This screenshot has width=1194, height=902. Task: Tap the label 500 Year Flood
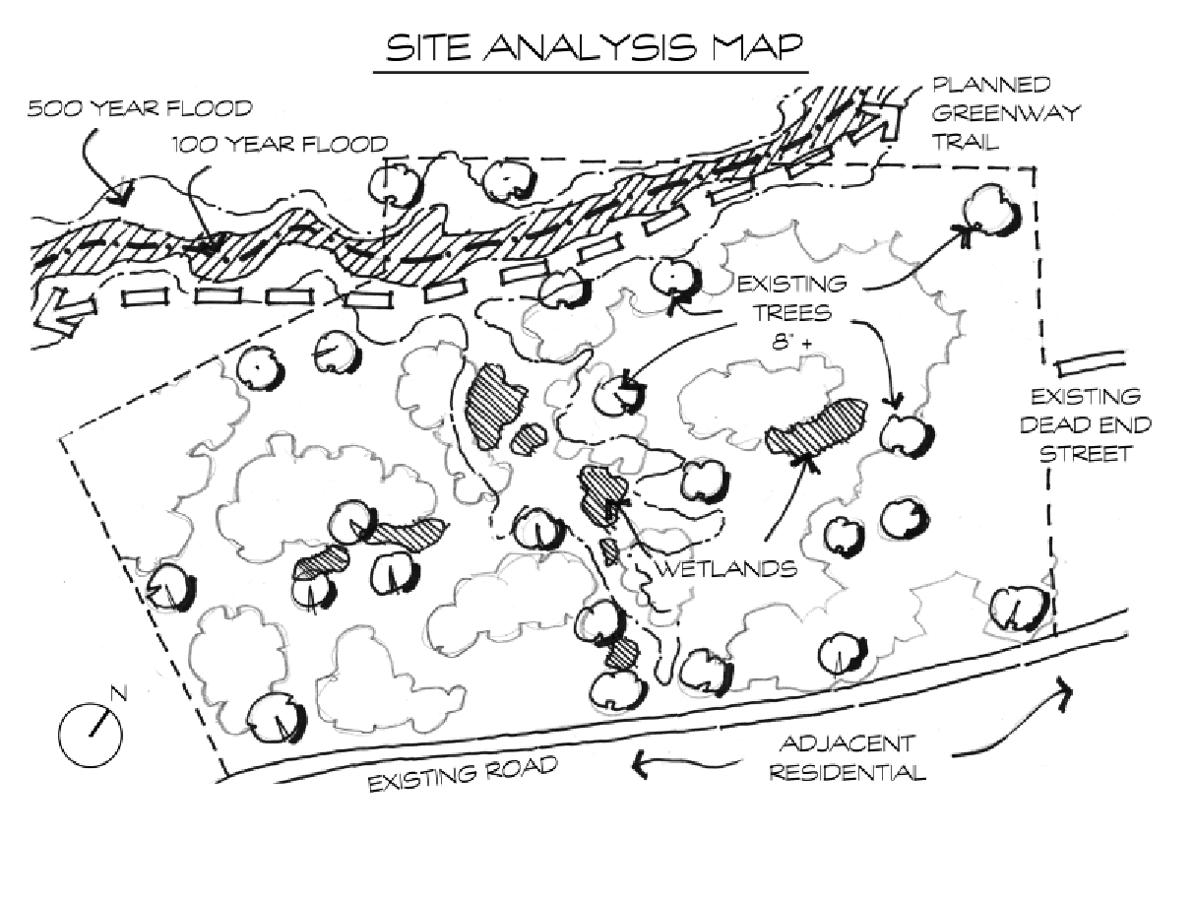(140, 108)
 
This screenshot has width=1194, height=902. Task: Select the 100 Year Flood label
(281, 144)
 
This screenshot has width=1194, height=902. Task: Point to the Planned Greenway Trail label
(1005, 113)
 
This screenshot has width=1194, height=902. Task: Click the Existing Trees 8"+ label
(791, 313)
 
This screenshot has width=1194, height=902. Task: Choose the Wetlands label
(726, 569)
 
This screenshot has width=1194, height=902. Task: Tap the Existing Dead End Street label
(1086, 424)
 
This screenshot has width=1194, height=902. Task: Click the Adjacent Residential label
(848, 758)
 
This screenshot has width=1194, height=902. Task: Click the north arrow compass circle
(91, 735)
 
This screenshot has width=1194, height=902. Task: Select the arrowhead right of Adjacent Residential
(1062, 695)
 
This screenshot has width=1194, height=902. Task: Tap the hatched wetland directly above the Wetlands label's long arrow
(816, 428)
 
